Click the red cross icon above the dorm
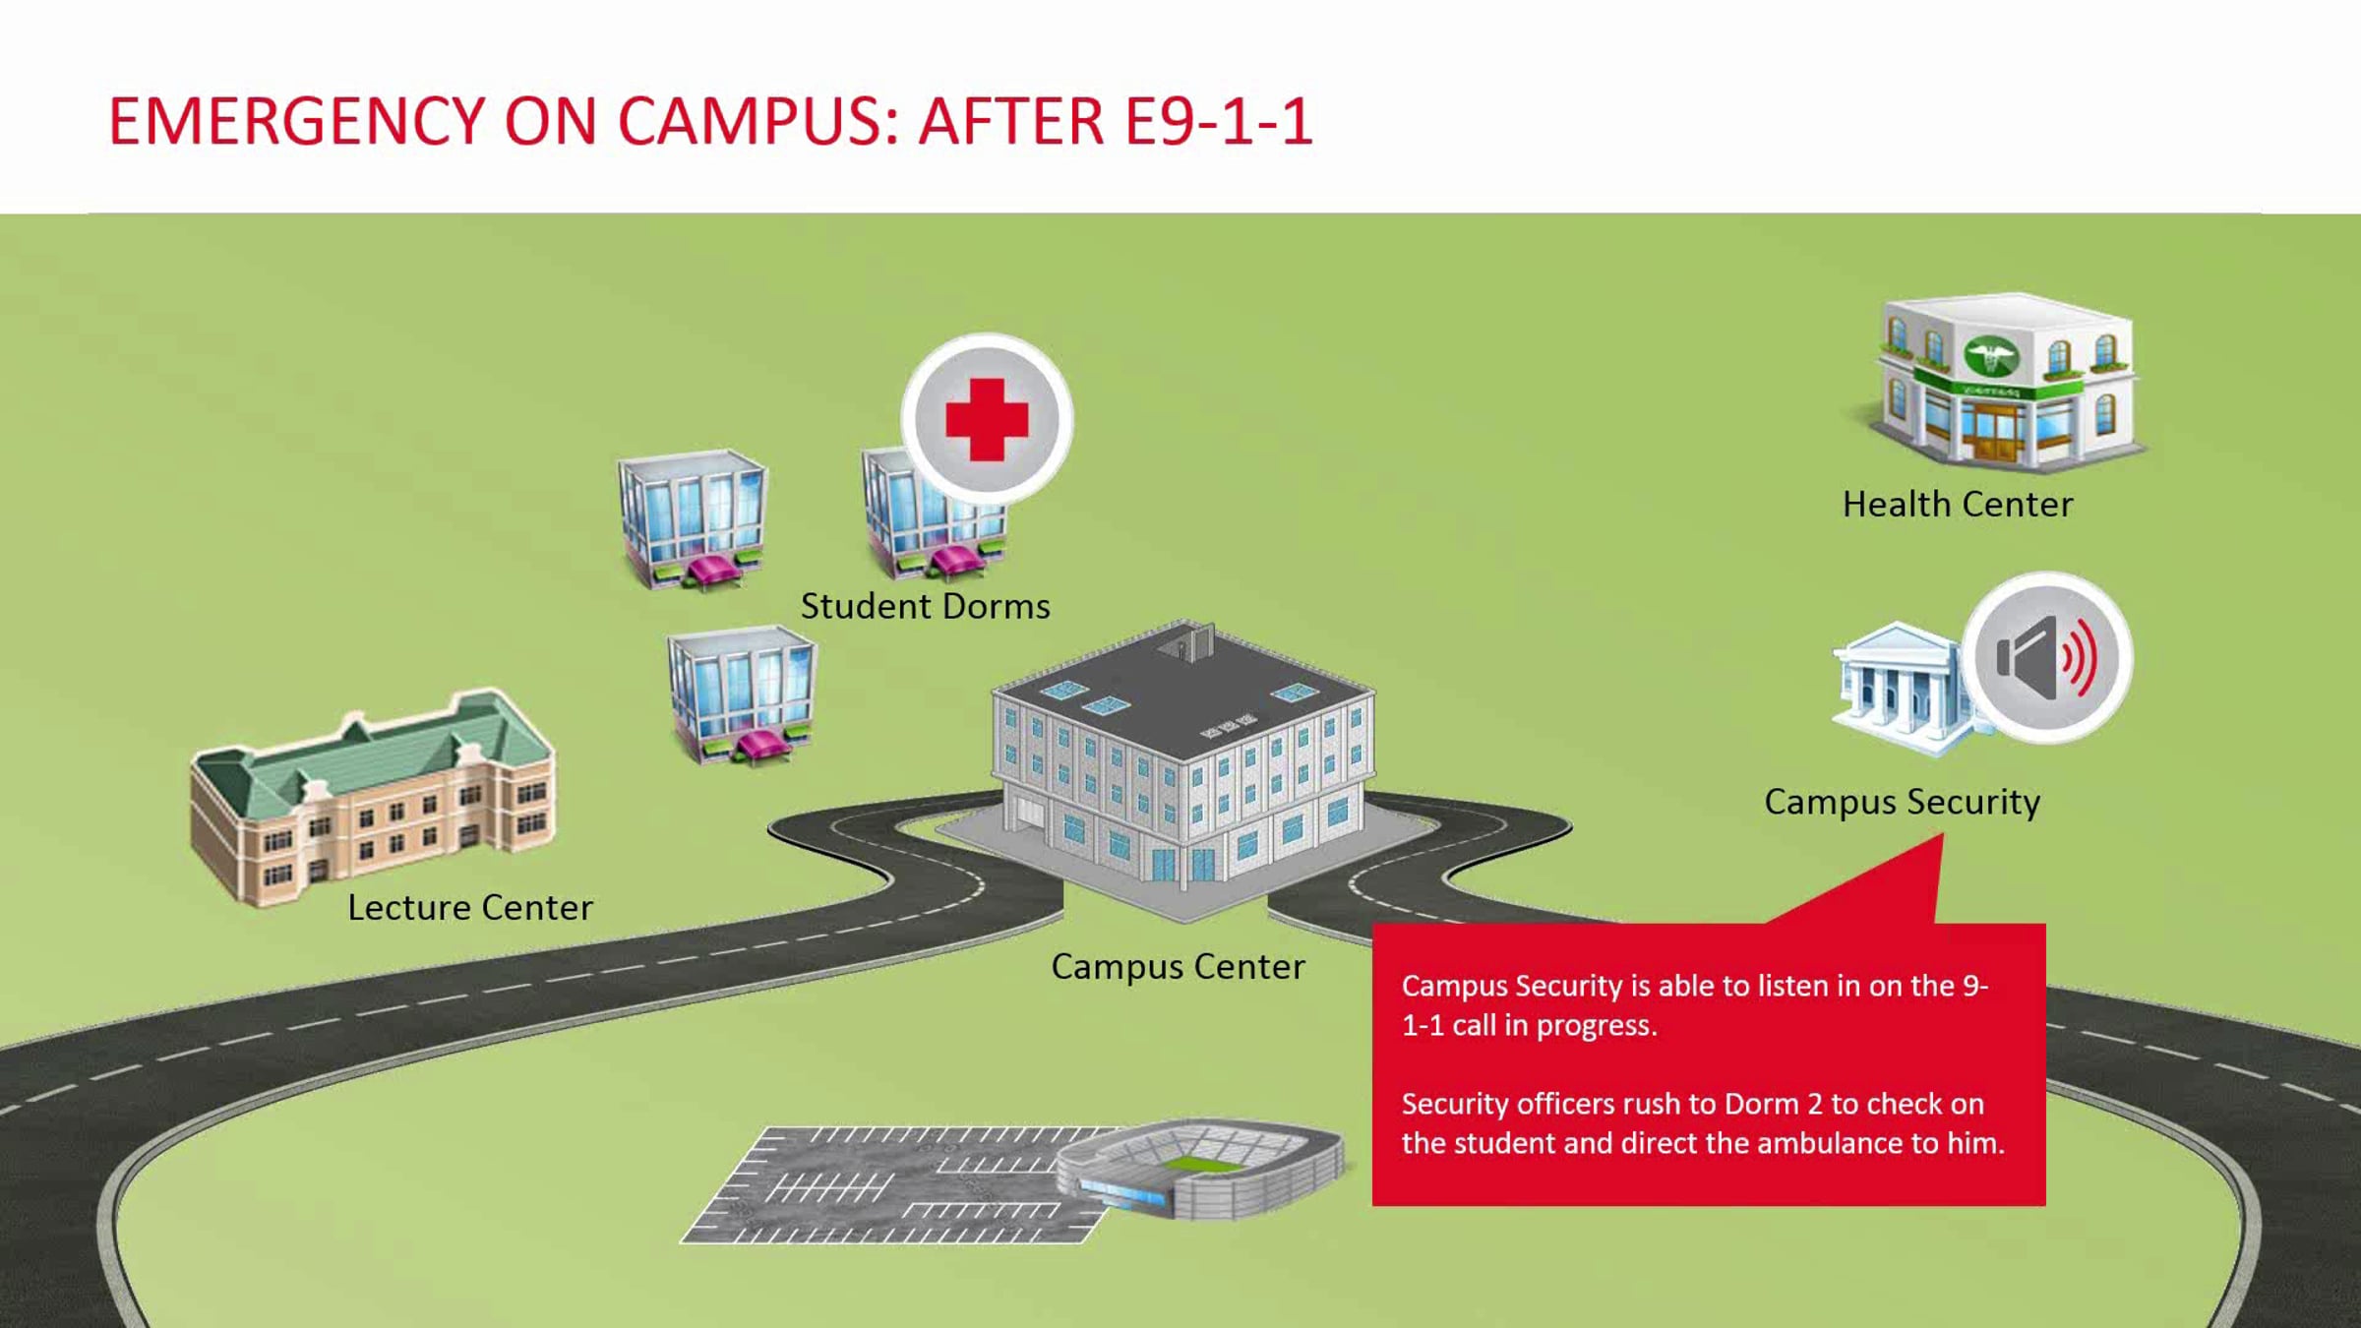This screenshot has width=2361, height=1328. pos(987,420)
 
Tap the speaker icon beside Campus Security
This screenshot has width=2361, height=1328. pos(2048,657)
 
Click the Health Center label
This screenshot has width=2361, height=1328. pos(1958,505)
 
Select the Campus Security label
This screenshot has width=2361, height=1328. pos(1903,803)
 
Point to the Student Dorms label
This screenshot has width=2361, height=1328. pos(926,606)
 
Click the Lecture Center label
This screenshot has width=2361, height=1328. pos(470,907)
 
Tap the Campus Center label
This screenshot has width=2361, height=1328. pos(1179,967)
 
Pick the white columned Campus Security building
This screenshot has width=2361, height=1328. pos(1899,689)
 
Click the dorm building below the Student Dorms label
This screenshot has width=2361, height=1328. pos(742,696)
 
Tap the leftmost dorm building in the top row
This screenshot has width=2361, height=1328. pos(693,519)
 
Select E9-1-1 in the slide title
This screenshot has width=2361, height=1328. pos(1218,122)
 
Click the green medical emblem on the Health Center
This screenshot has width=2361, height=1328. pos(1991,356)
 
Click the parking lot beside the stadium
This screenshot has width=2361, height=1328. pos(885,1185)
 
